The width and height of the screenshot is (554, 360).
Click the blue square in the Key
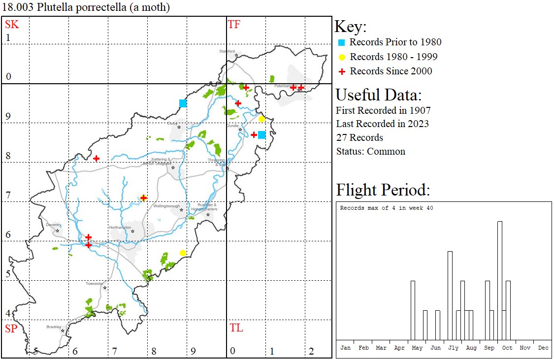(x=341, y=42)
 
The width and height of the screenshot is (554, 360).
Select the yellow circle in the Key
(x=341, y=57)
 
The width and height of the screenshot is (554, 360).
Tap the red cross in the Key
(x=341, y=71)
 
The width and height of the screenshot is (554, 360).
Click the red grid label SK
(x=12, y=24)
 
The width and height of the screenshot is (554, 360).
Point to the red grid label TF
(x=234, y=24)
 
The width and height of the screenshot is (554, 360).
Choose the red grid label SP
(x=11, y=328)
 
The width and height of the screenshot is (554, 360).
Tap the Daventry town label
(x=53, y=225)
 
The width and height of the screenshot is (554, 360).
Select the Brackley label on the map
(x=54, y=327)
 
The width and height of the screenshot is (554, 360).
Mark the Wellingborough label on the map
(x=166, y=206)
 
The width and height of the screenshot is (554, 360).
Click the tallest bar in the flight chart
(x=500, y=281)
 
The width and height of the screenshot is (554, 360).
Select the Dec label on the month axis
(x=543, y=348)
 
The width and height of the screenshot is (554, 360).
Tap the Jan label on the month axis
(x=346, y=348)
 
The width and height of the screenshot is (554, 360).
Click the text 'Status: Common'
(x=371, y=151)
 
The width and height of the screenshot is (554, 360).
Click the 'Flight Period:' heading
(x=383, y=190)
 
